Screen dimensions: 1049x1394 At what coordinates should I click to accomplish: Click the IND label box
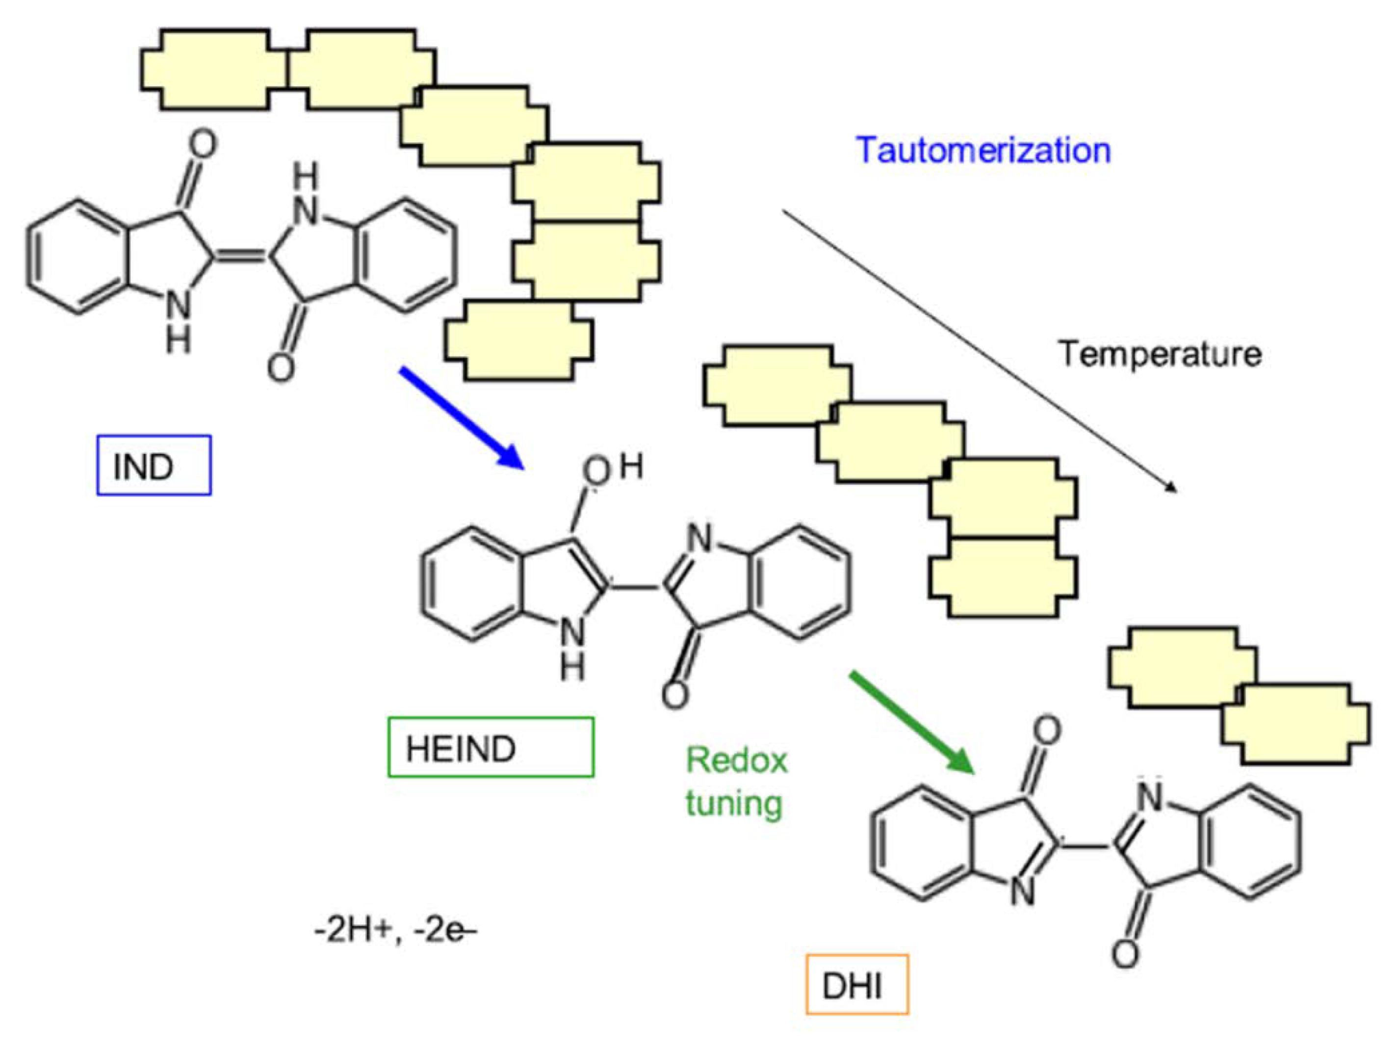point(153,465)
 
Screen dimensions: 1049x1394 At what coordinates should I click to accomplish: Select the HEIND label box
point(490,747)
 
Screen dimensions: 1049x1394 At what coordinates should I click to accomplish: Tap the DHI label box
point(856,984)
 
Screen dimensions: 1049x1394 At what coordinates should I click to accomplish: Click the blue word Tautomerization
point(983,151)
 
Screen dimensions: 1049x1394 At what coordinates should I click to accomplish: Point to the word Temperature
point(1159,354)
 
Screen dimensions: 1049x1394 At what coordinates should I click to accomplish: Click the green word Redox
point(736,760)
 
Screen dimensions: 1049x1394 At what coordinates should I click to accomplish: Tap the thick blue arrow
point(460,418)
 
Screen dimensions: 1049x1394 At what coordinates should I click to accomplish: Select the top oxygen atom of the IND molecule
point(202,145)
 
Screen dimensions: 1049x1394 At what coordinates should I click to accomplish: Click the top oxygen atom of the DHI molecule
point(1047,731)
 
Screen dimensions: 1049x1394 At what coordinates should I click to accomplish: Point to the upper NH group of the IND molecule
point(307,195)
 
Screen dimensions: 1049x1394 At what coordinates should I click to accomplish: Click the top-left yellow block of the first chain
point(214,69)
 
